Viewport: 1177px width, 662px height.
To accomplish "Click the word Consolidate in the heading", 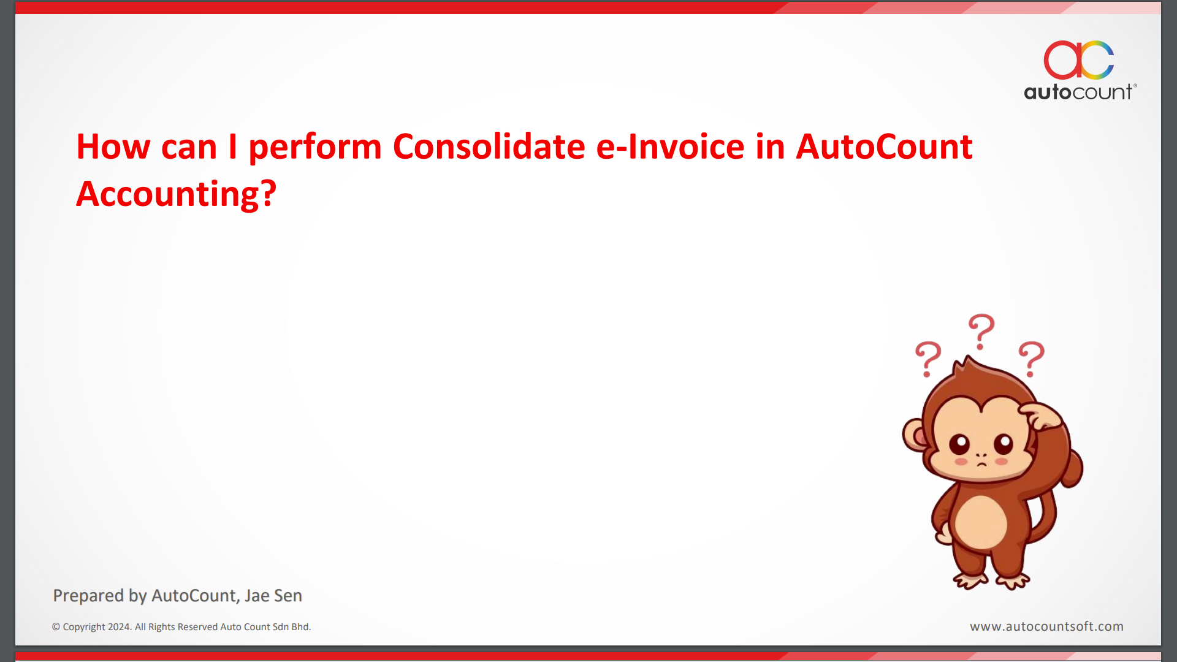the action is point(489,146).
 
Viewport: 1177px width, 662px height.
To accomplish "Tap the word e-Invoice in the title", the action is point(671,146).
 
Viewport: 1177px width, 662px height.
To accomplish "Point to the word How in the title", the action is point(113,146).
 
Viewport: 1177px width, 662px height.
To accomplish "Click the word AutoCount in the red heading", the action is point(884,146).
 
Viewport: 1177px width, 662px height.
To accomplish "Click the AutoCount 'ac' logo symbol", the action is point(1079,60).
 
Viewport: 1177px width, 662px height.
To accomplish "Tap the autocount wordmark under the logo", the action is point(1080,92).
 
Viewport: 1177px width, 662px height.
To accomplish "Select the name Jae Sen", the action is point(273,595).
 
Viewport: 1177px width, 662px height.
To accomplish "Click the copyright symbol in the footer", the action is point(56,626).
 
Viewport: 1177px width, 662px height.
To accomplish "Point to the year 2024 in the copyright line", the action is point(120,626).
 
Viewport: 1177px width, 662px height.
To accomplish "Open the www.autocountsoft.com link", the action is point(1046,626).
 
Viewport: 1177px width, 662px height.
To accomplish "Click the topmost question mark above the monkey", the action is point(982,332).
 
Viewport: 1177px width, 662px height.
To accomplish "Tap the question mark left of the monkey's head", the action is point(928,359).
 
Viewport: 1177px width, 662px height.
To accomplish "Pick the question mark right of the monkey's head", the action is point(1032,359).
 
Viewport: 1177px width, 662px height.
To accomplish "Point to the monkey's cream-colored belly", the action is point(981,522).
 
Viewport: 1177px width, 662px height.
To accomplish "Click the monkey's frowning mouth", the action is point(981,463).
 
